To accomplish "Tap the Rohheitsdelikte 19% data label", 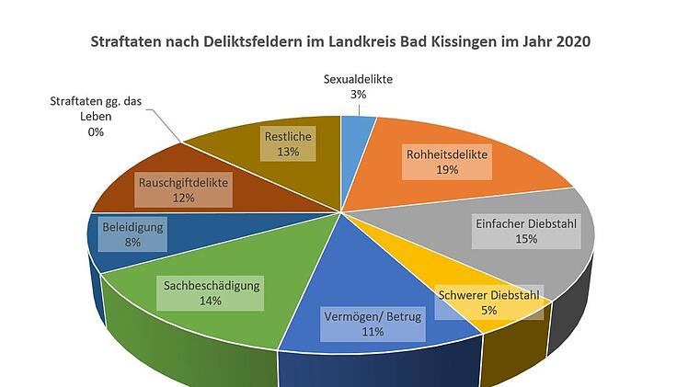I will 447,163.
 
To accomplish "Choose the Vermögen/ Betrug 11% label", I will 373,324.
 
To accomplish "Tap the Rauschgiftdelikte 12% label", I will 183,189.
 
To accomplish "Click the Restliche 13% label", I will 288,144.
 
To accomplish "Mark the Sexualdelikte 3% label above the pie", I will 358,86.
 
